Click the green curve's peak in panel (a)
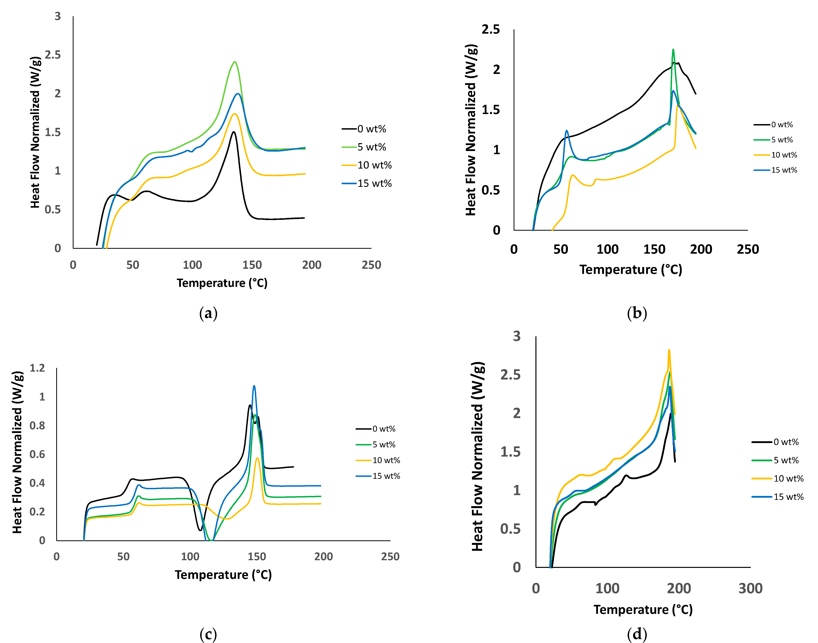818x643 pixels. (235, 62)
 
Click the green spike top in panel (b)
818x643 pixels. (673, 49)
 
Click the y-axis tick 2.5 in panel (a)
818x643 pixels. (53, 55)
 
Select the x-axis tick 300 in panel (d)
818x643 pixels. (750, 588)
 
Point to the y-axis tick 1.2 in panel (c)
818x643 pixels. (37, 368)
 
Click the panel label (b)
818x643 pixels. (637, 313)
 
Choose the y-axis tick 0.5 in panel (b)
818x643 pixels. (491, 190)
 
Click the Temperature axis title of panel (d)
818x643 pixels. (643, 610)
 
